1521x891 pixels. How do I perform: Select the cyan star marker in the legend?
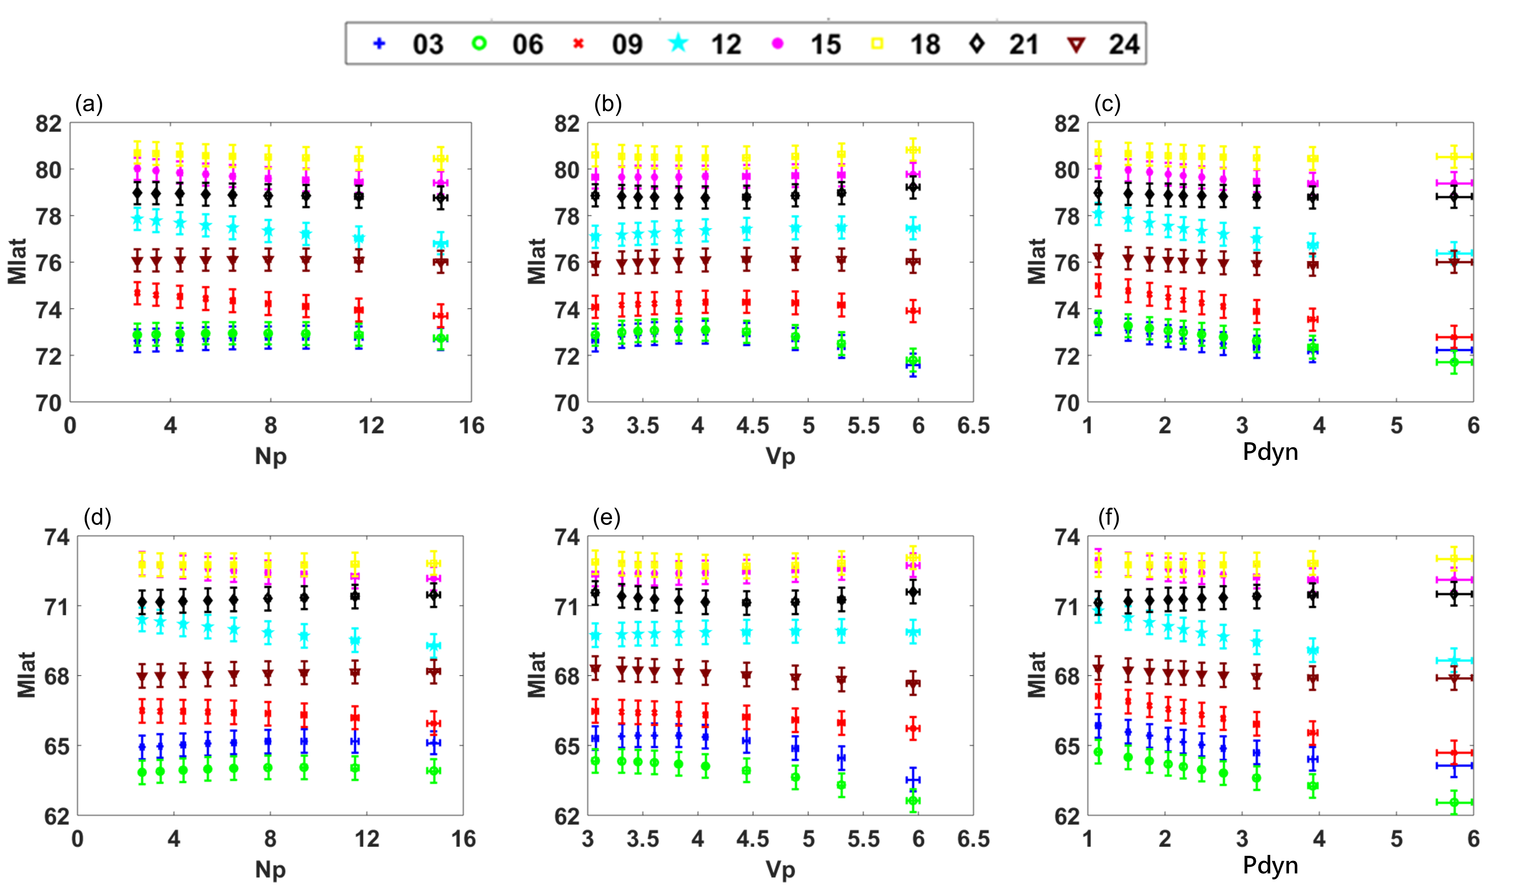678,44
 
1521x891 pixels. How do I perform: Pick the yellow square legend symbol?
878,44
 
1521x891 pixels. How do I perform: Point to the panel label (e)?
607,517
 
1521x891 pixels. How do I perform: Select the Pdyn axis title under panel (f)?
1270,865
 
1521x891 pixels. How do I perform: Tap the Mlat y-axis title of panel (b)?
536,261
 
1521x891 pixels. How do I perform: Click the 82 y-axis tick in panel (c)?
1067,124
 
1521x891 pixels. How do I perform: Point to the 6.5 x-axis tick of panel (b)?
973,426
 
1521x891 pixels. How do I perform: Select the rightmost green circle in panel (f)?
1454,802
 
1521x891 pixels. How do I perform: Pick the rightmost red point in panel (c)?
1454,337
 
